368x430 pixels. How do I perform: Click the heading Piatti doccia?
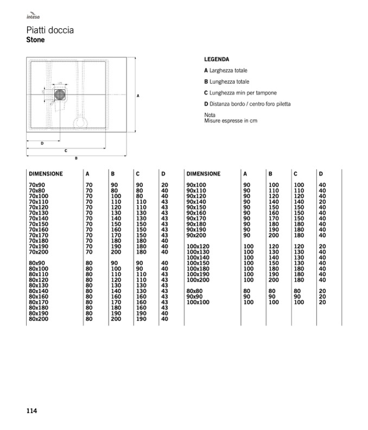pyautogui.click(x=50, y=30)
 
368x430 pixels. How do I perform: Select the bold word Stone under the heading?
pyautogui.click(x=35, y=40)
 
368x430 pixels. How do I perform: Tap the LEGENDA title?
pyautogui.click(x=217, y=59)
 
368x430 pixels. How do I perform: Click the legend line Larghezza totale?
pyautogui.click(x=226, y=71)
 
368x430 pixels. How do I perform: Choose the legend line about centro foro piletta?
pyautogui.click(x=247, y=104)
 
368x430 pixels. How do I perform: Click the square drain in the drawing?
pyautogui.click(x=60, y=95)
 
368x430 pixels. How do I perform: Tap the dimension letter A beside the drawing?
pyautogui.click(x=138, y=96)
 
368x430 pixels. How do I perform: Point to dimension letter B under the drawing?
pyautogui.click(x=76, y=158)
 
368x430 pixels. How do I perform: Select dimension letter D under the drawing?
pyautogui.click(x=42, y=143)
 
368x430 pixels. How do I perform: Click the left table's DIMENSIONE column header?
pyautogui.click(x=46, y=174)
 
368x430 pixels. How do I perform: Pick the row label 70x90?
pyautogui.click(x=37, y=185)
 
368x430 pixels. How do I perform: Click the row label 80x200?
pyautogui.click(x=39, y=319)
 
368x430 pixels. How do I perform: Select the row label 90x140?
pyautogui.click(x=196, y=201)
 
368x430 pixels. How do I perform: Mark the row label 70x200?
pyautogui.click(x=39, y=252)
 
